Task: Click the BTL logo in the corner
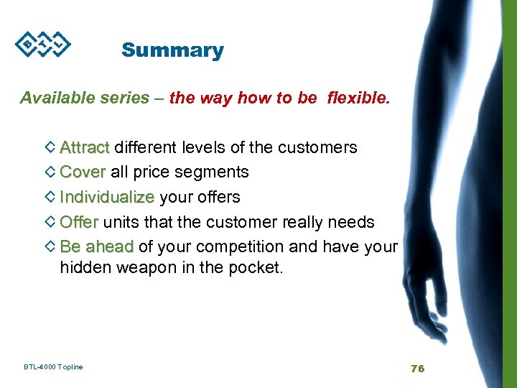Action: click(42, 45)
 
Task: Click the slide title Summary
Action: click(172, 50)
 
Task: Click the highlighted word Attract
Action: click(85, 147)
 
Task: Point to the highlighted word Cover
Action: click(83, 172)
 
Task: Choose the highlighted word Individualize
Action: click(107, 196)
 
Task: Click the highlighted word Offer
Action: click(79, 221)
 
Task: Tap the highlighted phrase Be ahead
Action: click(97, 246)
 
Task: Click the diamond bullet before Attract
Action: click(50, 147)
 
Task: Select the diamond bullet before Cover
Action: click(50, 172)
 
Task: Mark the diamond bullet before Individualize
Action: click(50, 196)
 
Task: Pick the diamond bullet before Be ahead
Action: click(50, 246)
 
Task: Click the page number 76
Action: click(417, 368)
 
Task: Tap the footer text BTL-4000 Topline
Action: click(53, 367)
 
